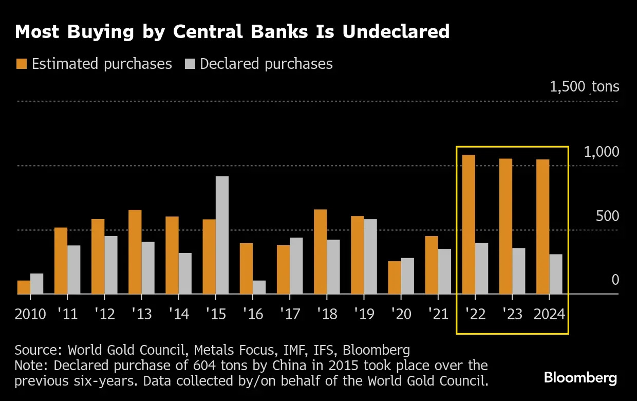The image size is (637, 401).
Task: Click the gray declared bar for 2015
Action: point(222,235)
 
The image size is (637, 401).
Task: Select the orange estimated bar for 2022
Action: point(469,225)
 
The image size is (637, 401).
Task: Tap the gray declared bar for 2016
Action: point(259,287)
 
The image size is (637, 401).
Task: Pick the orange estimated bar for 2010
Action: point(24,287)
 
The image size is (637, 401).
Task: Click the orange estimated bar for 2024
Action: point(542,227)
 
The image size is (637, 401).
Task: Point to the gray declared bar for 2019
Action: point(370,257)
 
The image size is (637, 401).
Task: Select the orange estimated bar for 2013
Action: point(135,252)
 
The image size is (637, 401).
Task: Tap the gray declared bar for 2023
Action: point(518,271)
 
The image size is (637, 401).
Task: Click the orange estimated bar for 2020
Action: point(395,278)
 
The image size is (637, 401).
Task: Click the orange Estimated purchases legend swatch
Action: point(21,64)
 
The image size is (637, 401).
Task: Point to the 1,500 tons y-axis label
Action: point(584,86)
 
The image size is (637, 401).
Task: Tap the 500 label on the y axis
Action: point(607,216)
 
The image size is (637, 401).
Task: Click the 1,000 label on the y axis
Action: point(601,152)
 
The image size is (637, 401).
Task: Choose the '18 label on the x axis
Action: point(327,314)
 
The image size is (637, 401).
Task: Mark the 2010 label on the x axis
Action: point(30,314)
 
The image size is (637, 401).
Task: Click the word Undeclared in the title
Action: point(396,32)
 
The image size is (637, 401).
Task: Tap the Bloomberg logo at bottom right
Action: point(580,378)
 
